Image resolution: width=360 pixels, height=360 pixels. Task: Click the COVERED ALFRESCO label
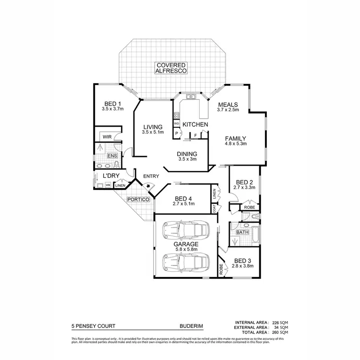point(170,68)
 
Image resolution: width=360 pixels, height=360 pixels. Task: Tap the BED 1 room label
point(112,104)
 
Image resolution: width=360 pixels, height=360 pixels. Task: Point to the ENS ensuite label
point(112,156)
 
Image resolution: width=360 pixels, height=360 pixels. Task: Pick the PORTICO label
point(139,199)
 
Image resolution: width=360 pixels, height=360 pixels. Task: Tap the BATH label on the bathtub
point(242,233)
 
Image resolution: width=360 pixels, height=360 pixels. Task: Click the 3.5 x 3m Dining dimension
point(187,159)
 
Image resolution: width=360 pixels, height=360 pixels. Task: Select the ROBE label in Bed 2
point(249,207)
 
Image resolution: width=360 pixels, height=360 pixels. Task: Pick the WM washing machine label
point(108,185)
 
